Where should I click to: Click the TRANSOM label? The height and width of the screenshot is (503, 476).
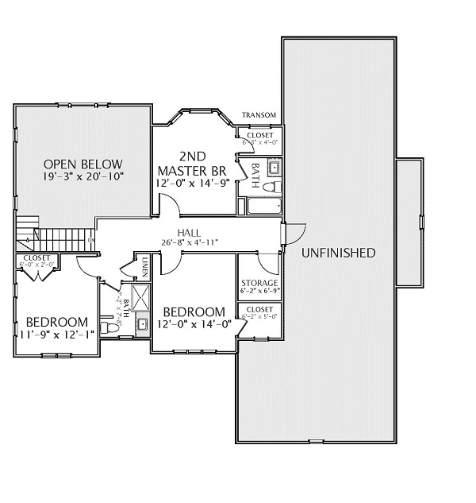[x=259, y=115]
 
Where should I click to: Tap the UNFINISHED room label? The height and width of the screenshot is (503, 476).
[x=338, y=253]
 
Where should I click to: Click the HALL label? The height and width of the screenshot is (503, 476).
[x=189, y=232]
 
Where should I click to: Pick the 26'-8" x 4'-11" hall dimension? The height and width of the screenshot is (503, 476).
[x=189, y=242]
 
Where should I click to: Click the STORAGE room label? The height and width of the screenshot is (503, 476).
[x=259, y=283]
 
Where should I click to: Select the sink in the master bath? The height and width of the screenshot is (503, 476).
[x=274, y=167]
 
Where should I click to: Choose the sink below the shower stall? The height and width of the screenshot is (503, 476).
[x=143, y=323]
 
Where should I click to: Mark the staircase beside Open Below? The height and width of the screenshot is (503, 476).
[x=56, y=237]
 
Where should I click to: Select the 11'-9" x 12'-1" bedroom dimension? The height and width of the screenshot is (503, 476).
[x=56, y=334]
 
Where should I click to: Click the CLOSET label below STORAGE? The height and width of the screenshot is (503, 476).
[x=259, y=309]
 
